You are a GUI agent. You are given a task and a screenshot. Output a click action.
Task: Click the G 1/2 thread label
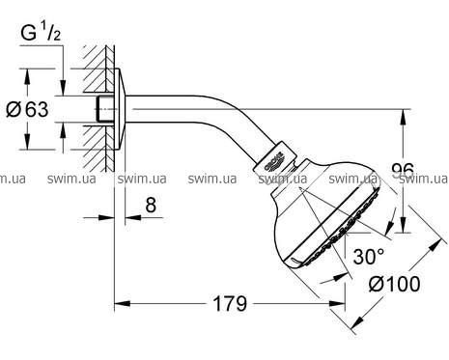coord(41,33)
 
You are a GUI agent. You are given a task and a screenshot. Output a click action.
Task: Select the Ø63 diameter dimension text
coord(27,109)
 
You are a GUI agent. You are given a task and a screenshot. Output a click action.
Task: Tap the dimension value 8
coord(151,205)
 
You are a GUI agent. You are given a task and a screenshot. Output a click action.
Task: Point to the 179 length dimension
coord(230,304)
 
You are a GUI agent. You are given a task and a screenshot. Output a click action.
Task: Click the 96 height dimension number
coord(403,171)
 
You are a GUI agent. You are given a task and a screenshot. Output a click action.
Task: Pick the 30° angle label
coord(369,257)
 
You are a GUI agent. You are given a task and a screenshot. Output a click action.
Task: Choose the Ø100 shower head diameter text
coord(395,284)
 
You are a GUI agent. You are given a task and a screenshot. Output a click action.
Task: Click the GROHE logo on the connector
coord(274,161)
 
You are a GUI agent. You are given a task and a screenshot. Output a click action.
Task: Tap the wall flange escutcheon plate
coord(120,109)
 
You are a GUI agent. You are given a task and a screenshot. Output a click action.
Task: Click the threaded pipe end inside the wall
coord(105,109)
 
